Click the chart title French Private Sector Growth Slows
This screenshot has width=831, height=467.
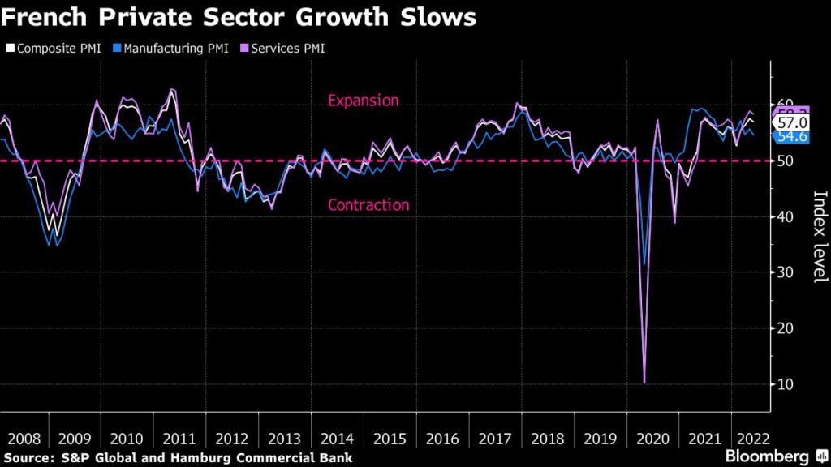point(239,19)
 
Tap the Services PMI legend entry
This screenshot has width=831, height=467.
point(285,49)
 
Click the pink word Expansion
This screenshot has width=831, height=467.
point(363,101)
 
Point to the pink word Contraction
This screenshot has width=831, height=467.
point(368,205)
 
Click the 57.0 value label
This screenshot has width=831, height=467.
point(792,122)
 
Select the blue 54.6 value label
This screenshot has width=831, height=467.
point(792,136)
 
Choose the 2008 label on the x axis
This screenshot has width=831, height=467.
point(23,439)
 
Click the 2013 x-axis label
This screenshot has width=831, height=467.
point(283,439)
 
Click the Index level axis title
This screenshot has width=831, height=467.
point(819,237)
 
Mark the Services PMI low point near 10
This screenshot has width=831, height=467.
point(644,383)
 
